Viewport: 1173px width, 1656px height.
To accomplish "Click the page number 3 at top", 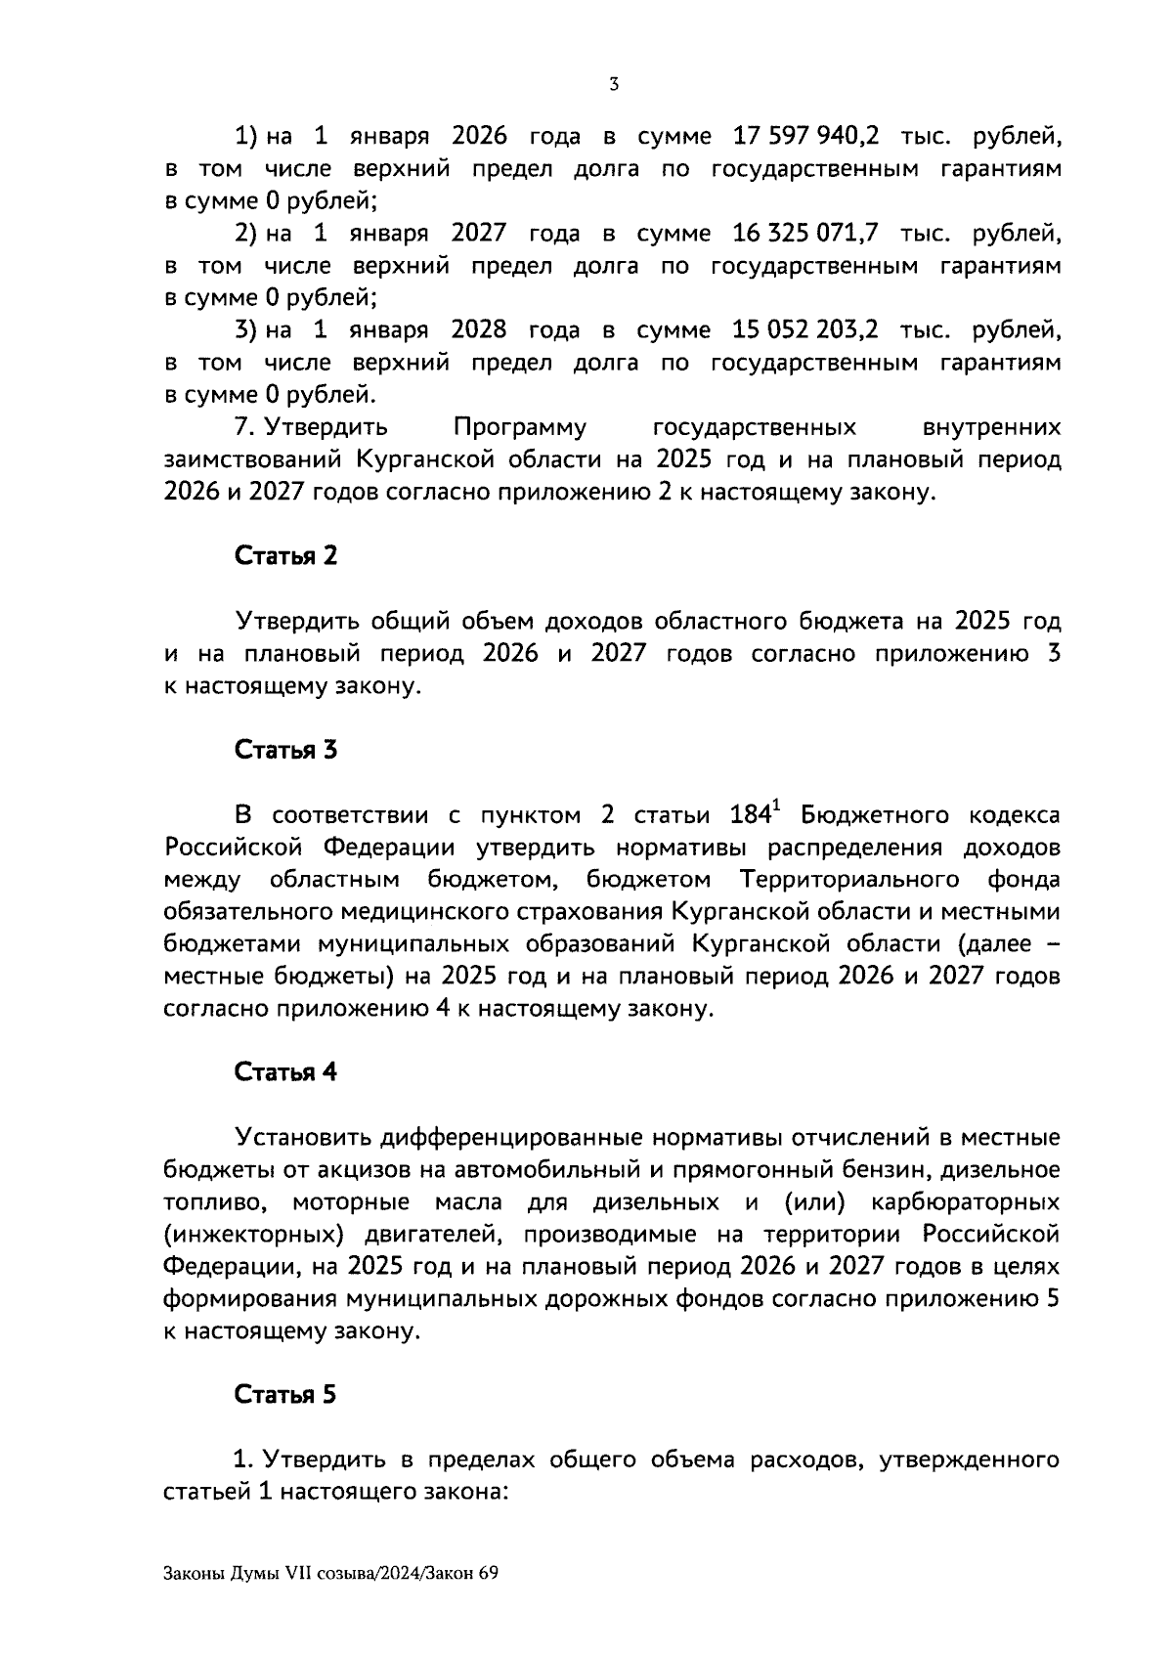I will pyautogui.click(x=613, y=85).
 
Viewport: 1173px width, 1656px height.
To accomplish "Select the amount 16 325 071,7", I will pyautogui.click(x=804, y=233).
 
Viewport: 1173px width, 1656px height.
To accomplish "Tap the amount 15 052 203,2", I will pyautogui.click(x=804, y=329).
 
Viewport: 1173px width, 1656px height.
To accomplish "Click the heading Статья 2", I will pyautogui.click(x=285, y=556).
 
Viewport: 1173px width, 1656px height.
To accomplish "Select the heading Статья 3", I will pyautogui.click(x=285, y=750).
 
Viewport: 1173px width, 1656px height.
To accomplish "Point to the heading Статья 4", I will pyautogui.click(x=285, y=1072).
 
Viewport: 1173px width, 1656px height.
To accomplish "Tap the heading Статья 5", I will pyautogui.click(x=285, y=1395).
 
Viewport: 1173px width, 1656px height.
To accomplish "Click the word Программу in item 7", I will pyautogui.click(x=520, y=428).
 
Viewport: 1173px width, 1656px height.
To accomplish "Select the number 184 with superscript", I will pyautogui.click(x=755, y=814).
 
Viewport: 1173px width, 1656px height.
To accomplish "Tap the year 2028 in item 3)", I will pyautogui.click(x=478, y=329).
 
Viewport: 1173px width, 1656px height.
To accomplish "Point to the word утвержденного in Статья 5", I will pyautogui.click(x=970, y=1460).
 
